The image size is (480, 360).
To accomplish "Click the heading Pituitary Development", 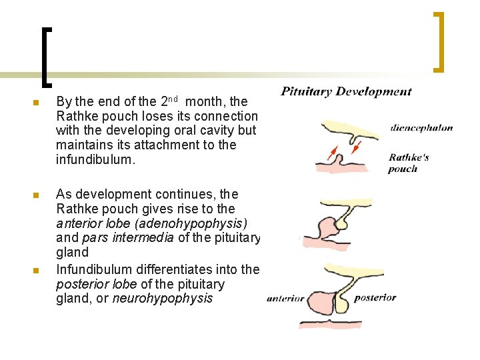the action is tap(346, 91).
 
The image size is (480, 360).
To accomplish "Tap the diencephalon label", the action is tap(421, 128).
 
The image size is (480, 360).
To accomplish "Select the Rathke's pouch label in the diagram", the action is tap(409, 163).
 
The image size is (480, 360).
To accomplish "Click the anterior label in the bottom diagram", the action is tap(285, 299).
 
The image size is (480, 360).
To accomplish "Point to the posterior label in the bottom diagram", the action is tap(375, 298).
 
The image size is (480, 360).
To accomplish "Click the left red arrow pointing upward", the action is tap(333, 153).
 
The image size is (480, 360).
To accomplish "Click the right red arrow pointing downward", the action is tap(356, 147).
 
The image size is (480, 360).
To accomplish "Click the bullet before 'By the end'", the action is tap(36, 103).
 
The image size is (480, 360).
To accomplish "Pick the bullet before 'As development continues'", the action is tap(36, 195).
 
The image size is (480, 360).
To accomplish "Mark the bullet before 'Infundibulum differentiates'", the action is tap(36, 271).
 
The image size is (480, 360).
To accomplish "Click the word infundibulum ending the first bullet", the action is tap(95, 159).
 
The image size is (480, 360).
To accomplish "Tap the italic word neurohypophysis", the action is tap(163, 298).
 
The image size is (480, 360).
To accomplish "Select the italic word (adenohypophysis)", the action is tap(191, 224).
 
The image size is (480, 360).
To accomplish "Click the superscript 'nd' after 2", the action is tap(173, 99).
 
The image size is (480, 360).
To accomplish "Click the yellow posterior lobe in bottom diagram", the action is tap(341, 303).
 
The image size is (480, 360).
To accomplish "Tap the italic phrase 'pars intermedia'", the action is tap(128, 238).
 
